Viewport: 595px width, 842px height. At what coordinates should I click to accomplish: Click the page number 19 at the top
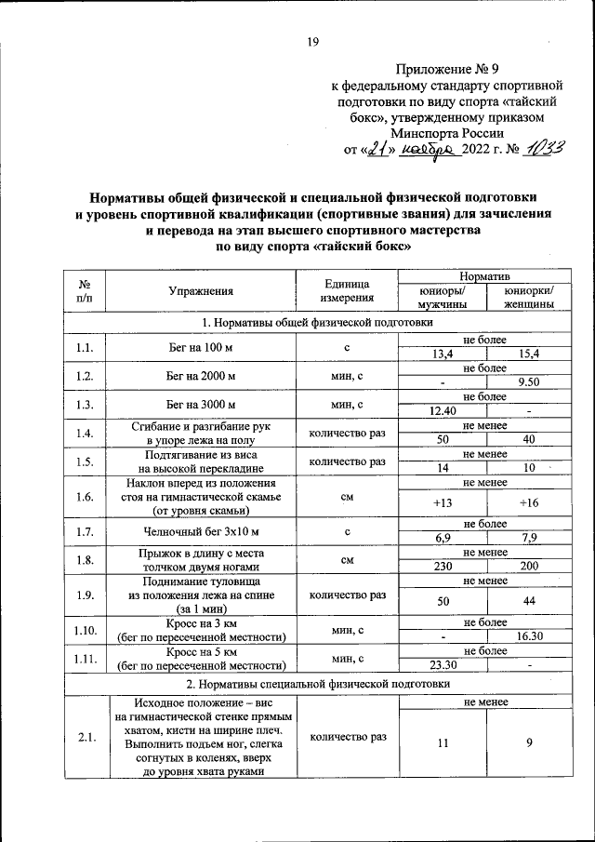(313, 40)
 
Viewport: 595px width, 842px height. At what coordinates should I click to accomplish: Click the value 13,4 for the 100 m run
(443, 354)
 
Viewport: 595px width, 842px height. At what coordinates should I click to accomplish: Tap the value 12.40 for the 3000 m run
(443, 411)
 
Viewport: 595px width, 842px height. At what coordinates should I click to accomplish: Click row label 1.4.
(85, 433)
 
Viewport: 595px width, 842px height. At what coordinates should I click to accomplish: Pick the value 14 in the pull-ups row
(443, 468)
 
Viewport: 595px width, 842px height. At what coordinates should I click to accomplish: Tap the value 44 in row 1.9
(528, 602)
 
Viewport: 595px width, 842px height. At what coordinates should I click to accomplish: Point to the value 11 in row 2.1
(443, 743)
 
